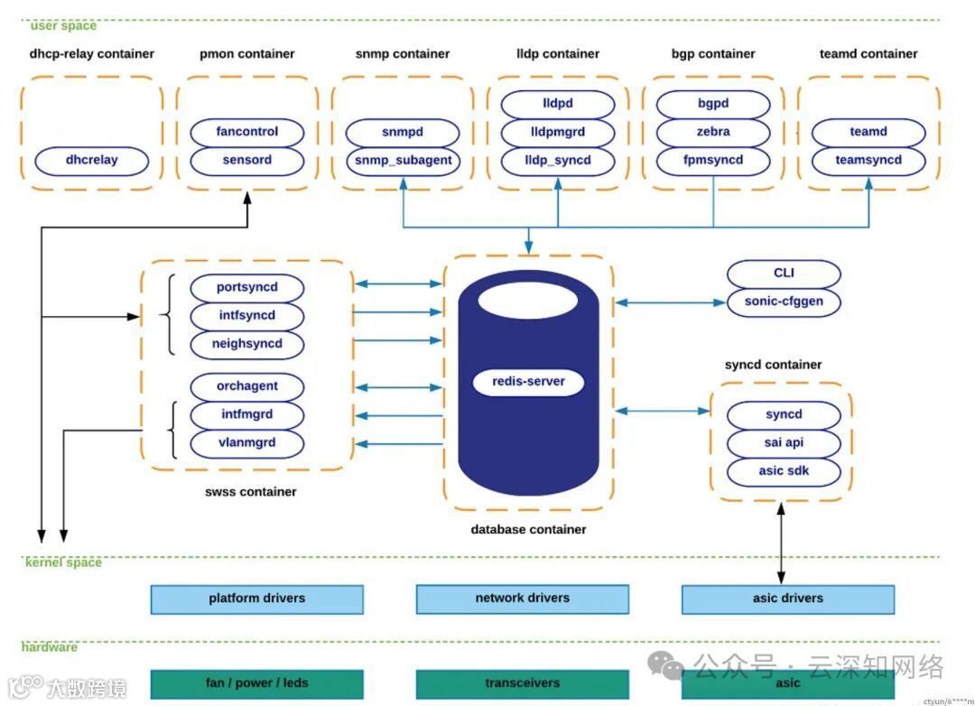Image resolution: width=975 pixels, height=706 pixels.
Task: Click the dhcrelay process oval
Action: (x=91, y=161)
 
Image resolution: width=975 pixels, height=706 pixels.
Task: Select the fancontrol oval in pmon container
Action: (x=246, y=132)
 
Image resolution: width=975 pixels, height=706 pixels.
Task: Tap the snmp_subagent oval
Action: (x=403, y=161)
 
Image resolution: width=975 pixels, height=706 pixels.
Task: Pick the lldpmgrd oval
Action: (x=557, y=132)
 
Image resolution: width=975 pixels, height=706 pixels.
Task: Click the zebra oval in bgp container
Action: (x=712, y=132)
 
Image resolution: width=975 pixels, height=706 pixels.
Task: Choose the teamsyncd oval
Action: (x=868, y=161)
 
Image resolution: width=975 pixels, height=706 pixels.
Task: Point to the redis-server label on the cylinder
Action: (x=528, y=381)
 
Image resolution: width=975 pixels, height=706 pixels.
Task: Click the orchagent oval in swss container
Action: (x=246, y=386)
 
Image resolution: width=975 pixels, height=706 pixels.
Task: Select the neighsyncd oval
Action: (x=246, y=344)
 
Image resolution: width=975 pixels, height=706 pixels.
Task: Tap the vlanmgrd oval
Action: (x=246, y=443)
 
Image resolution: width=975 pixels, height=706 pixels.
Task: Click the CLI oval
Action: (x=784, y=274)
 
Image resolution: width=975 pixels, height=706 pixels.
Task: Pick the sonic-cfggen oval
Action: (x=784, y=302)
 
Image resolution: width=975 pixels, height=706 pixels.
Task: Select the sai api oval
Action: (x=784, y=443)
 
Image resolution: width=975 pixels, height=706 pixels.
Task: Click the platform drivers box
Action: (x=256, y=599)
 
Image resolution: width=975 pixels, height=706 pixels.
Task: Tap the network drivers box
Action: (x=522, y=599)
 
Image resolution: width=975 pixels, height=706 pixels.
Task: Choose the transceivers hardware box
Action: (x=522, y=683)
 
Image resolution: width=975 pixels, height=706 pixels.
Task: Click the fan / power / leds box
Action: (x=256, y=683)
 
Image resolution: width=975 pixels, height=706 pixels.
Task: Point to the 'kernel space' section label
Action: (x=63, y=562)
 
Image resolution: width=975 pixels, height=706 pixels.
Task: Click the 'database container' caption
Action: (x=528, y=530)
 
